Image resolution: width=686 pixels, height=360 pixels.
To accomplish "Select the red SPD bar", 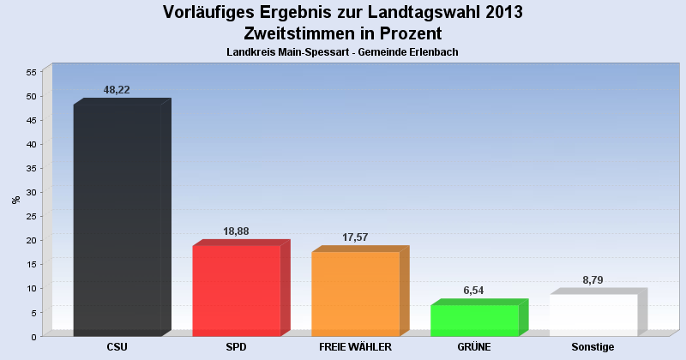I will click(237, 291).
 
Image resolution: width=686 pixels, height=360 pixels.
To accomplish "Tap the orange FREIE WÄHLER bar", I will click(355, 293).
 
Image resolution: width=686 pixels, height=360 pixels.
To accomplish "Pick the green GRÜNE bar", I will click(474, 320).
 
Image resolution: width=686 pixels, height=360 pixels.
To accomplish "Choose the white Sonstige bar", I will click(593, 315).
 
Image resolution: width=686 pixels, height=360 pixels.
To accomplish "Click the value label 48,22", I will click(117, 90).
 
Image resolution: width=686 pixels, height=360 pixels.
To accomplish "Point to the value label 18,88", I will click(236, 231).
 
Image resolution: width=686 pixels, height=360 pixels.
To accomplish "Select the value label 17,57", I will click(355, 237).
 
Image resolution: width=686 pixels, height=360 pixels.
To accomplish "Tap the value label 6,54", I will click(474, 291).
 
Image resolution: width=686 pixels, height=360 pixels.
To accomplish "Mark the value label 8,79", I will click(593, 280).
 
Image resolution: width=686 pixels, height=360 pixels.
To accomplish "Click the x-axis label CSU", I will click(117, 347).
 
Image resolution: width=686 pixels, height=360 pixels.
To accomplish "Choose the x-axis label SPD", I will click(237, 347).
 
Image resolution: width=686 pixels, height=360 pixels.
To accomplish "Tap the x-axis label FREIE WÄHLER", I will click(355, 347).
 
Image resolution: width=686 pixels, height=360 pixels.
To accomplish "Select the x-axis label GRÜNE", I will click(474, 347).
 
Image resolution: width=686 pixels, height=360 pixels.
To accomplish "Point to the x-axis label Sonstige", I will click(593, 347).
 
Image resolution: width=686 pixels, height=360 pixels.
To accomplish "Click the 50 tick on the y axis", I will click(30, 96).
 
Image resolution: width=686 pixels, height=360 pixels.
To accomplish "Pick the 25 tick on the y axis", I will click(30, 216).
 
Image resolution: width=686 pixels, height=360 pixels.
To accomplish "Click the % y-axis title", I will click(15, 200).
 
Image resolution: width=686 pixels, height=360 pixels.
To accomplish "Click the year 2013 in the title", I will click(499, 13).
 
